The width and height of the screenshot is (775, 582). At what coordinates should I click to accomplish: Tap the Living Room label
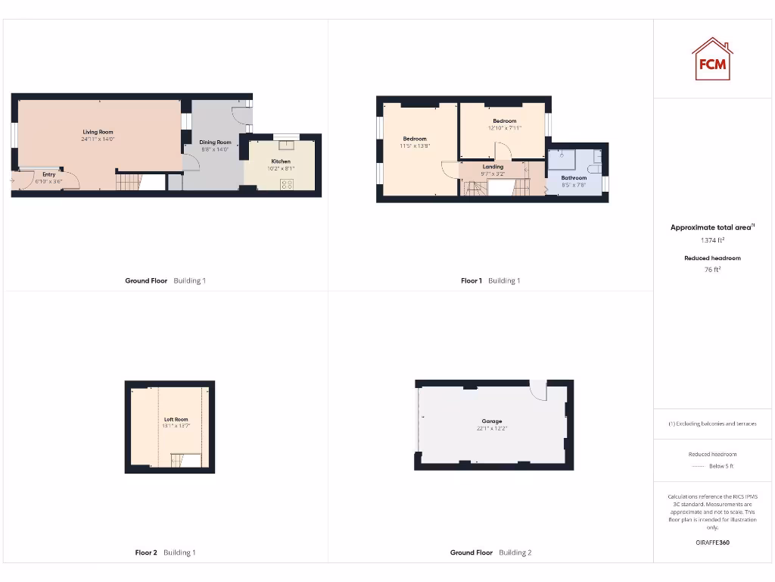pyautogui.click(x=98, y=132)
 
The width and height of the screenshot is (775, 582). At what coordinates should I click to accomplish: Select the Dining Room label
pyautogui.click(x=215, y=142)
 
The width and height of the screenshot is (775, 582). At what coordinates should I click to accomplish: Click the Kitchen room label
pyautogui.click(x=281, y=161)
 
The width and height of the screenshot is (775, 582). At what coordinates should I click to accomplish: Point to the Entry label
pyautogui.click(x=49, y=174)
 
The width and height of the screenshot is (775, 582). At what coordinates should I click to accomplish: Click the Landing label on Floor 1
pyautogui.click(x=493, y=167)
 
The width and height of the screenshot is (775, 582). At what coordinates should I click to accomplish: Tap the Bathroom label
pyautogui.click(x=574, y=178)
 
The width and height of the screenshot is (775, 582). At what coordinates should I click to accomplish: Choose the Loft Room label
pyautogui.click(x=176, y=419)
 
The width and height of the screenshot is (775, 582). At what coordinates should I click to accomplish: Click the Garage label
pyautogui.click(x=492, y=421)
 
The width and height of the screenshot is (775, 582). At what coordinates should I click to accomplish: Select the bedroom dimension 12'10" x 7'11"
pyautogui.click(x=505, y=128)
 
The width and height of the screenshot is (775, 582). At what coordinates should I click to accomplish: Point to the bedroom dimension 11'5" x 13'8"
pyautogui.click(x=415, y=145)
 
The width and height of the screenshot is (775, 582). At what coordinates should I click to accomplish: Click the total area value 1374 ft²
pyautogui.click(x=712, y=240)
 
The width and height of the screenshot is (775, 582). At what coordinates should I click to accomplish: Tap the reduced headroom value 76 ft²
pyautogui.click(x=712, y=268)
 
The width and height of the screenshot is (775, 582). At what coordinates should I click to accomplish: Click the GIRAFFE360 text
pyautogui.click(x=712, y=543)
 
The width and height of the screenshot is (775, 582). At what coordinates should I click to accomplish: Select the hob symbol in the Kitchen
pyautogui.click(x=287, y=184)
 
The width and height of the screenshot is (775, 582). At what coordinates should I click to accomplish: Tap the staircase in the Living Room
pyautogui.click(x=129, y=182)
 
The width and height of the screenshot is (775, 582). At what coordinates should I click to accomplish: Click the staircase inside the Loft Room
pyautogui.click(x=181, y=460)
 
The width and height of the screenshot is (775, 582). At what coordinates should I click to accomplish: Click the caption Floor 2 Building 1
pyautogui.click(x=165, y=552)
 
